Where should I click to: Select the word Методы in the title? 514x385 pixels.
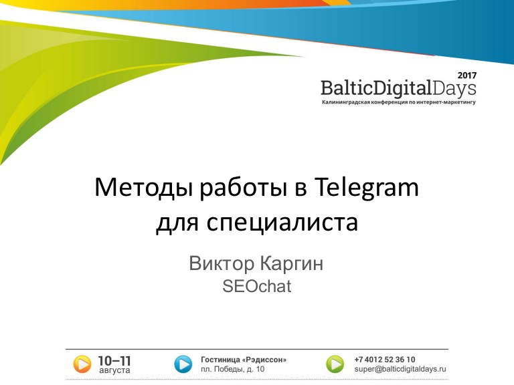143,188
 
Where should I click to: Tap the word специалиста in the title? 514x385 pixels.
282,223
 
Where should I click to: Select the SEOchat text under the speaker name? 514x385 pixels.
257,286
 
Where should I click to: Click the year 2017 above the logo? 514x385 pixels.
467,76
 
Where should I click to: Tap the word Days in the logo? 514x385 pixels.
454,89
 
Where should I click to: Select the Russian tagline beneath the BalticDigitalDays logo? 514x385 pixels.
399,102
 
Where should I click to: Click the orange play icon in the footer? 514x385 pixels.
82,364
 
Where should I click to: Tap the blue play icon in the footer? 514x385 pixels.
183,364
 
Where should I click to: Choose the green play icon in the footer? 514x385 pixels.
335,364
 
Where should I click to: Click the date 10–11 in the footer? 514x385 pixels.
114,361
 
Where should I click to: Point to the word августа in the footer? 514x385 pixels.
114,370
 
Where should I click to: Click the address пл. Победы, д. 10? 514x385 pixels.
232,369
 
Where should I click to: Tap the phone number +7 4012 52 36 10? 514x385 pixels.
385,360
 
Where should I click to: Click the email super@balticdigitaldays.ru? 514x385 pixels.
400,369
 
